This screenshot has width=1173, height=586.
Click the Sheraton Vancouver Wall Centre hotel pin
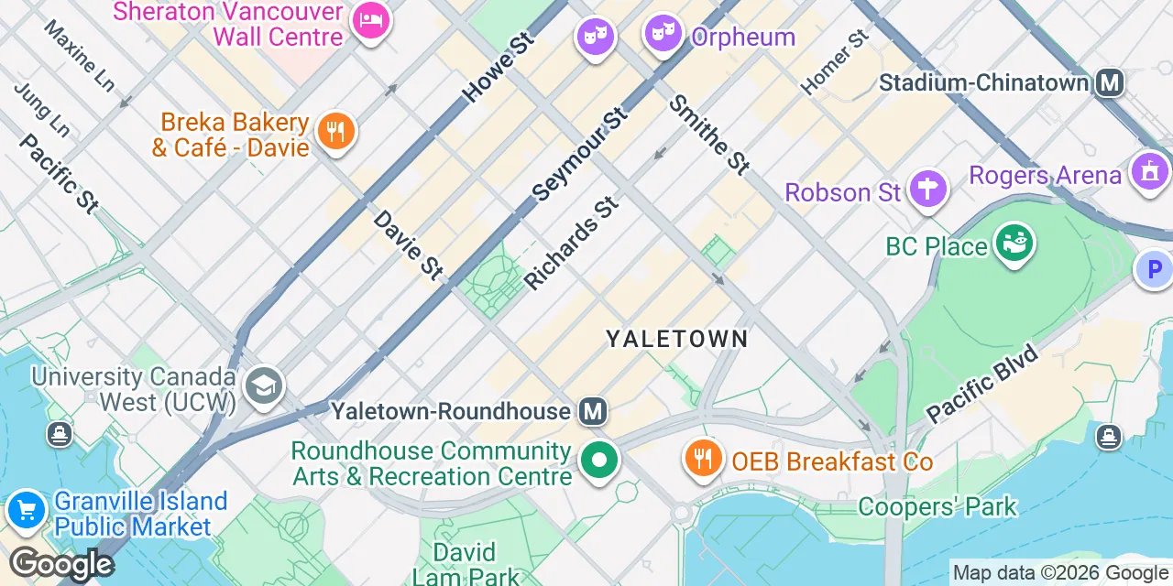[370, 22]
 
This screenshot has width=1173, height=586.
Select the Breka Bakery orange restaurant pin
[335, 132]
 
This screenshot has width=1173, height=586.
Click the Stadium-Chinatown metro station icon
[1110, 83]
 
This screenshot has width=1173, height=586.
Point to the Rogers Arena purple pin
[1150, 171]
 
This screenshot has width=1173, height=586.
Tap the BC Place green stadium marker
[1014, 244]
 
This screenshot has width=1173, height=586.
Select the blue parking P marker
[1154, 270]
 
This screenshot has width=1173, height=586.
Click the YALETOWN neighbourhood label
[677, 340]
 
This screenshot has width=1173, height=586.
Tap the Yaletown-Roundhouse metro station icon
[594, 412]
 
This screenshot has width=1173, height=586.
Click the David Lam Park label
[464, 564]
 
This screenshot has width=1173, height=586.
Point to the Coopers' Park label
[937, 506]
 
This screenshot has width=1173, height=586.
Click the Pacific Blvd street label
[982, 384]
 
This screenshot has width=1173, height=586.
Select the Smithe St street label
[709, 135]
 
